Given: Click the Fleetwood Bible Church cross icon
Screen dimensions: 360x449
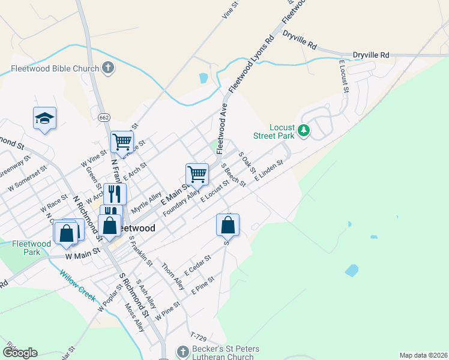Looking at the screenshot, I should point(108,68).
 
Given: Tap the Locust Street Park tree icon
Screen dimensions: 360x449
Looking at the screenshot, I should point(304,130).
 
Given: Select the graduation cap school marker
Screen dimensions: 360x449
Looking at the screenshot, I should point(44,118).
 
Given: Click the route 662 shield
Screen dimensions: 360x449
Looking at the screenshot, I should point(104,118).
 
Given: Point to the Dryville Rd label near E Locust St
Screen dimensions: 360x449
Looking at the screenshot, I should point(371,55).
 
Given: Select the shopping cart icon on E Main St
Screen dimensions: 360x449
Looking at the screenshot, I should point(197,174).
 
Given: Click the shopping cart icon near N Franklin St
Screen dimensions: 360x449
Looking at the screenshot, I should point(122,142).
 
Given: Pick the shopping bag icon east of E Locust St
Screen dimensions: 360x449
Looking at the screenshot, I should point(228,225).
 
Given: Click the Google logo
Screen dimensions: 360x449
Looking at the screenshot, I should point(20,352).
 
